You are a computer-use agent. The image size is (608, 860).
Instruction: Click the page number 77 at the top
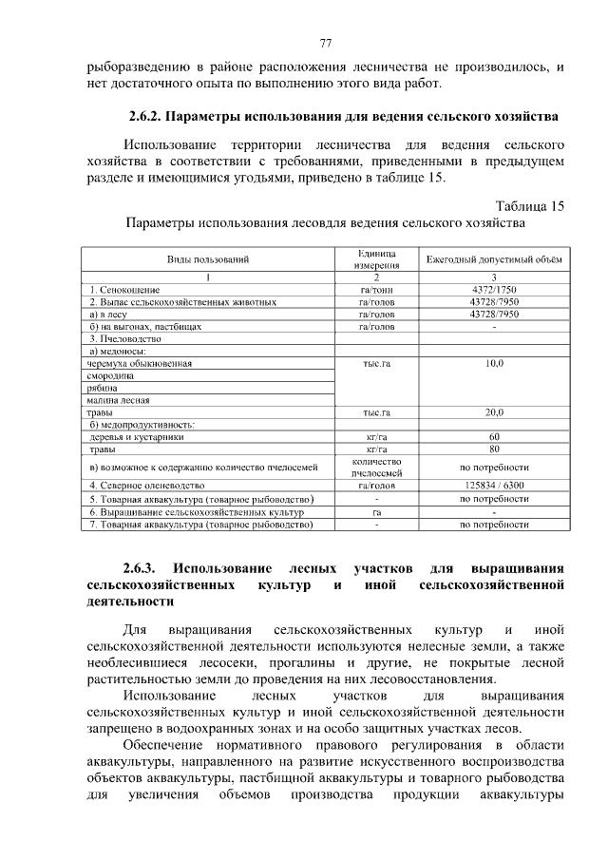click(x=326, y=44)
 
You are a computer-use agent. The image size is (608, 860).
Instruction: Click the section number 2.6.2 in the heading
click(x=146, y=118)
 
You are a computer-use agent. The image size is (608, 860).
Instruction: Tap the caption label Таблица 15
click(x=530, y=205)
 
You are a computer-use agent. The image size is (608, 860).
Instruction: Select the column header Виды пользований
click(x=208, y=259)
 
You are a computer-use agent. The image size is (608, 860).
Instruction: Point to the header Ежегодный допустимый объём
click(x=494, y=259)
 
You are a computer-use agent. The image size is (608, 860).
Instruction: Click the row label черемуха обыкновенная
click(x=140, y=363)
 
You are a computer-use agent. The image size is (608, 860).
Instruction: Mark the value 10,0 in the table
click(x=494, y=363)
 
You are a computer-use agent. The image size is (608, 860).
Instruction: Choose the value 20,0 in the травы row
click(x=494, y=412)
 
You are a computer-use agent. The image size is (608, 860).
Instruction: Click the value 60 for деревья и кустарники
click(x=494, y=437)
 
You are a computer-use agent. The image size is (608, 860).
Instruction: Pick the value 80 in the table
click(x=494, y=449)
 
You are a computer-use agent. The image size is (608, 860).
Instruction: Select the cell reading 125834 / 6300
click(x=494, y=486)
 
